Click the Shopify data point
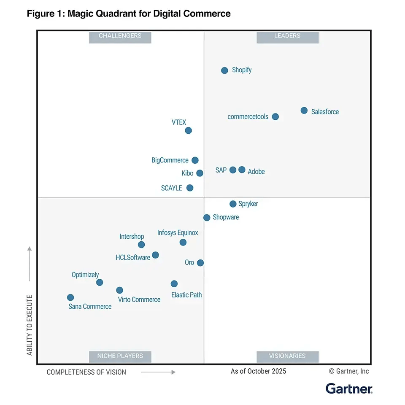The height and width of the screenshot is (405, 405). (224, 70)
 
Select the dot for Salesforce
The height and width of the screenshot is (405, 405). (304, 111)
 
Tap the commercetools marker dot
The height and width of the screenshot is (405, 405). (275, 116)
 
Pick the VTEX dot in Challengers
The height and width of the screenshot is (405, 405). (188, 130)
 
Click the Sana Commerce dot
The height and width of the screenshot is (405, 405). (70, 297)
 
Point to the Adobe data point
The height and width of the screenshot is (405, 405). (242, 170)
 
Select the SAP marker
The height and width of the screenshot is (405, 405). (233, 170)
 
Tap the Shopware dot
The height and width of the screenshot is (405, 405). (207, 218)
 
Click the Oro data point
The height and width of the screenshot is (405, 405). (200, 263)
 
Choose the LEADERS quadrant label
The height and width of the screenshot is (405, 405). (287, 36)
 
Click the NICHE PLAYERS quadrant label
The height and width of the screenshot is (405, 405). (120, 356)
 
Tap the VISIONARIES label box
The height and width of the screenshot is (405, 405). (287, 356)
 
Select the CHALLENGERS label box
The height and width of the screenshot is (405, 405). (120, 36)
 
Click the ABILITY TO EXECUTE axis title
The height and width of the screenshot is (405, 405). (30, 325)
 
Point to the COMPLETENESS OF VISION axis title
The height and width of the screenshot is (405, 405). (86, 372)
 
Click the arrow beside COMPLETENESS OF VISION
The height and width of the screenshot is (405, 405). (158, 372)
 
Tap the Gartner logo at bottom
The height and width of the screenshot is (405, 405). (349, 389)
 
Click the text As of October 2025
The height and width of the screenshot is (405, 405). (258, 371)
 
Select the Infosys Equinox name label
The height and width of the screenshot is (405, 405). (178, 233)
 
